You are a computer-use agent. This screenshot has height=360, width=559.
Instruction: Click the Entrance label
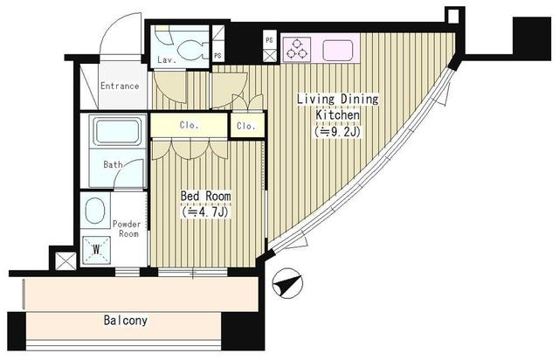(x=120, y=86)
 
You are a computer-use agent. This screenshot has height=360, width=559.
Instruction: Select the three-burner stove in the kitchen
(x=297, y=49)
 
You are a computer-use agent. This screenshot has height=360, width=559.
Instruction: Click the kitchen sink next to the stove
(x=338, y=50)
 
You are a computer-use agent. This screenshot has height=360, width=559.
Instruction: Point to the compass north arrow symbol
(x=287, y=283)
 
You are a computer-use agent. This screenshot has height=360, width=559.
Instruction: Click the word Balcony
(x=125, y=320)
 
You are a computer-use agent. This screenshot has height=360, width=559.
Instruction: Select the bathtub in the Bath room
(x=117, y=131)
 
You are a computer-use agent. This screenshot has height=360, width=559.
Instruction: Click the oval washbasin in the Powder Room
(x=95, y=211)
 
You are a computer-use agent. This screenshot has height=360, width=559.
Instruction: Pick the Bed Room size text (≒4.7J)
(x=204, y=212)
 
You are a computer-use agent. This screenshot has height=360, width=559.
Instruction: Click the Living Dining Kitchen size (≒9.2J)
(x=337, y=132)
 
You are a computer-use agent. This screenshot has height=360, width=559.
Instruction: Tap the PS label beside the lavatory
(x=217, y=56)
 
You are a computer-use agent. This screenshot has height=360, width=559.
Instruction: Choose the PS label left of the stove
(x=269, y=40)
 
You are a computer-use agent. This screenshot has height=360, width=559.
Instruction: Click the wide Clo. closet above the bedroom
(x=189, y=125)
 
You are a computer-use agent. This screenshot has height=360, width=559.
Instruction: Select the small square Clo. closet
(x=246, y=126)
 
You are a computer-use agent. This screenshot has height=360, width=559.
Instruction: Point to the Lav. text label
(x=167, y=60)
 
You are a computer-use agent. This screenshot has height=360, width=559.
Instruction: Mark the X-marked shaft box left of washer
(x=66, y=260)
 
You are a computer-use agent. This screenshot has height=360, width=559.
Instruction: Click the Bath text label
(x=113, y=164)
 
